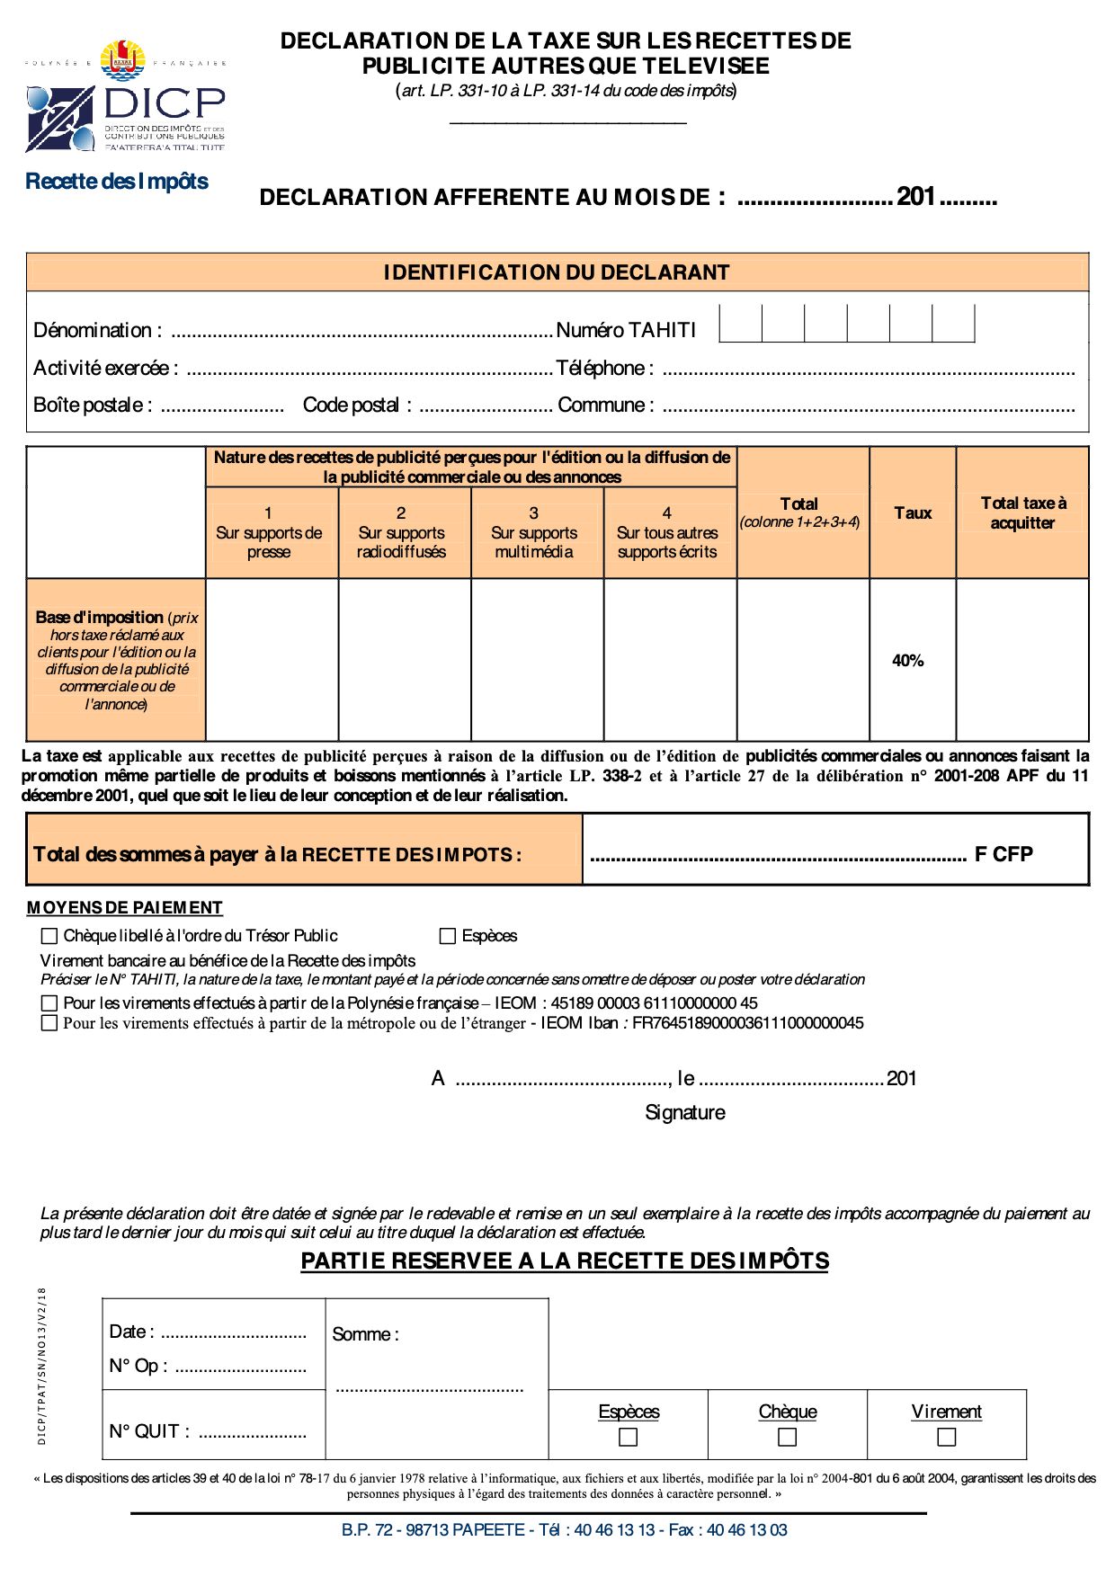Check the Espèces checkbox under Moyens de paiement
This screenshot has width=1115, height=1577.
point(447,936)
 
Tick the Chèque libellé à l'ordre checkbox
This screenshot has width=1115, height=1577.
point(49,936)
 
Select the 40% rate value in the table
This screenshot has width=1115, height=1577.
point(907,661)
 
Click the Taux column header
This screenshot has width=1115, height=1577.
point(913,513)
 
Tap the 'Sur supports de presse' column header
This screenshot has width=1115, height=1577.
point(269,532)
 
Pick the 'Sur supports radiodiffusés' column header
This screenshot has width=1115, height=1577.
point(401,532)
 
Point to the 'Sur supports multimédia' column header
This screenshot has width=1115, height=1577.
point(534,532)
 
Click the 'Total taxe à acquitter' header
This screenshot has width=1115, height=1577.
point(1023,513)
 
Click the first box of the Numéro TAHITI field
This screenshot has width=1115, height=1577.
point(741,324)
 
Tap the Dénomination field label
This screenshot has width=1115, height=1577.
point(97,331)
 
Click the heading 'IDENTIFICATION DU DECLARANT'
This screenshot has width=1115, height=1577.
point(557,272)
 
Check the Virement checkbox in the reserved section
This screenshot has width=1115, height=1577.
point(946,1438)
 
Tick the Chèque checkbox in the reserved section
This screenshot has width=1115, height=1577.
point(787,1438)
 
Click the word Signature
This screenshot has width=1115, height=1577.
point(684,1113)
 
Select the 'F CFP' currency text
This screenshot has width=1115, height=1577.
point(1003,854)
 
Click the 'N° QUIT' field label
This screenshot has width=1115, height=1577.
point(149,1432)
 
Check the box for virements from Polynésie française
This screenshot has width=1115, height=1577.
point(49,1002)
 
